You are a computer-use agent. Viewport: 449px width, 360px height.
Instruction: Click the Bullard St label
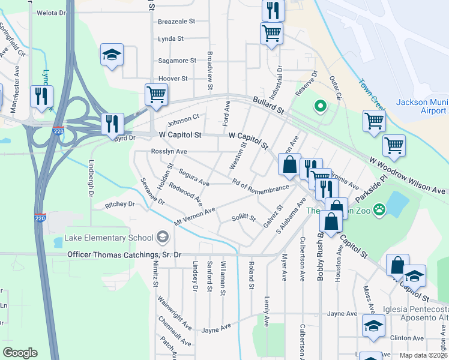(x=268, y=106)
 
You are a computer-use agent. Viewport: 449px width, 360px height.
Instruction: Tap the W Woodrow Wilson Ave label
(x=408, y=176)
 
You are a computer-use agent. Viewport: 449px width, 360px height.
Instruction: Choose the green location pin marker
(x=321, y=107)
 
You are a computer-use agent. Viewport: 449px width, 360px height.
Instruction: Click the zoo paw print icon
(x=379, y=209)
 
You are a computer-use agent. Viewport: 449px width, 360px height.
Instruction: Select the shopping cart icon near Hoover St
(x=155, y=94)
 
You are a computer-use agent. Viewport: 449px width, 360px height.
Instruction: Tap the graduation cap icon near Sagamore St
(x=112, y=55)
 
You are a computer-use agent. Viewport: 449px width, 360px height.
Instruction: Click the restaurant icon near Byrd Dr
(x=112, y=124)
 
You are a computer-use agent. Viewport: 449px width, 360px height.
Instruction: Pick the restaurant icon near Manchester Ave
(x=41, y=96)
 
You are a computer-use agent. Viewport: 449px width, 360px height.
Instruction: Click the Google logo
(x=20, y=353)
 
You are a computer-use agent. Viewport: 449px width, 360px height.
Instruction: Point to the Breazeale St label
(x=176, y=21)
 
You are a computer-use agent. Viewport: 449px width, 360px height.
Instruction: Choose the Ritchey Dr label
(x=120, y=204)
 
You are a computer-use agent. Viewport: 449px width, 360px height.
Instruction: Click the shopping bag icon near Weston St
(x=289, y=164)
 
